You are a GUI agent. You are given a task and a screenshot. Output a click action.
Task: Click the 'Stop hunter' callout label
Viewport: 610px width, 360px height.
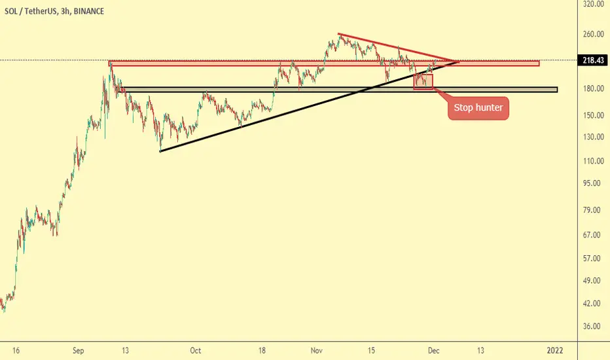click(x=478, y=108)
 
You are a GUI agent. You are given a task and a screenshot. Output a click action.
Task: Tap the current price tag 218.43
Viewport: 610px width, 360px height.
click(x=593, y=60)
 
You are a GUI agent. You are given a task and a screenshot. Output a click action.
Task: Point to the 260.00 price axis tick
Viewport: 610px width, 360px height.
click(x=593, y=34)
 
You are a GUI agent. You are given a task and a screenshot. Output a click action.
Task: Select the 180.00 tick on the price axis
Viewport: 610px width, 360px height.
click(x=593, y=89)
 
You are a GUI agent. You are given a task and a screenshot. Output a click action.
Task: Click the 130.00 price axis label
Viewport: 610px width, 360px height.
click(x=593, y=137)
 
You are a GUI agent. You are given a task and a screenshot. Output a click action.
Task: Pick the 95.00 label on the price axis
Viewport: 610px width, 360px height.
click(x=595, y=183)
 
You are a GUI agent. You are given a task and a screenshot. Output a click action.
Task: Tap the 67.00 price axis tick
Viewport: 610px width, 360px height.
click(x=595, y=235)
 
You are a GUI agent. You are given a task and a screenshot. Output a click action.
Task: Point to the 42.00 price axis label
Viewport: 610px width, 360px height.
click(x=595, y=304)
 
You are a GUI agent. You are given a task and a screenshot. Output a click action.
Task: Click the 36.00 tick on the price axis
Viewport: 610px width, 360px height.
click(x=595, y=327)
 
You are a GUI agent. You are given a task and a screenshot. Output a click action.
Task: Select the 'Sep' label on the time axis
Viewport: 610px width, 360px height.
click(x=78, y=351)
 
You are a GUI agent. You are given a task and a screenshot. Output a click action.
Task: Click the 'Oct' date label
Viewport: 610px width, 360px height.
click(x=195, y=351)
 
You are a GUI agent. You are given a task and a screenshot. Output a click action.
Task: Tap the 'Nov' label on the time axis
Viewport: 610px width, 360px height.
click(x=317, y=351)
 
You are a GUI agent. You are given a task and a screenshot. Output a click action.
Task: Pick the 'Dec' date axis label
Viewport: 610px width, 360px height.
click(x=433, y=351)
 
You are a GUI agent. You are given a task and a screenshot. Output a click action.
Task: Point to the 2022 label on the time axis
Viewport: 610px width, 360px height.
click(x=555, y=351)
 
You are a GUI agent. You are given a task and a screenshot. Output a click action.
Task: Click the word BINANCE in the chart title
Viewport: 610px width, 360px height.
click(x=89, y=11)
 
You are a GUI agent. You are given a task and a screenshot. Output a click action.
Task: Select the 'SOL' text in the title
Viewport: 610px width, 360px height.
click(x=11, y=11)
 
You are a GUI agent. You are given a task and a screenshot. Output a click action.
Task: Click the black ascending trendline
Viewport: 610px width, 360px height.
click(x=310, y=106)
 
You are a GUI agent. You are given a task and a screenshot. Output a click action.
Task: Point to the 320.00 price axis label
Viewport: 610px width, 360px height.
click(x=593, y=5)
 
